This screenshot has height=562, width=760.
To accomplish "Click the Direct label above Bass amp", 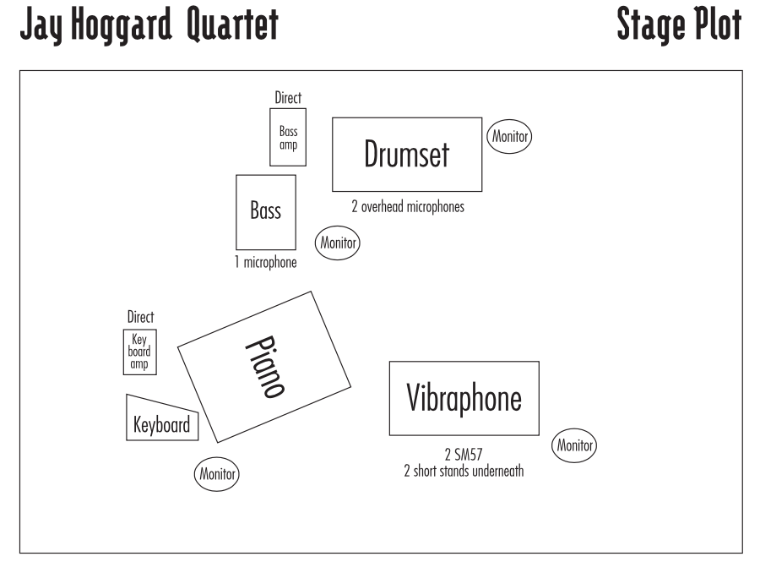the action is pyautogui.click(x=288, y=97).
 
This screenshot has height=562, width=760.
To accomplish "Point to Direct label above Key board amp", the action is pyautogui.click(x=140, y=317).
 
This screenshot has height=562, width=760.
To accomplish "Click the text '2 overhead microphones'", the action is pyautogui.click(x=408, y=206).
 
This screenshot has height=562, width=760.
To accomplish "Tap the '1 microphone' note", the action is pyautogui.click(x=266, y=262).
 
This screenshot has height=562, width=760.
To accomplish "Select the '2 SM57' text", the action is pyautogui.click(x=464, y=455).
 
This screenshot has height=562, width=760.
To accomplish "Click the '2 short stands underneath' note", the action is pyautogui.click(x=464, y=471).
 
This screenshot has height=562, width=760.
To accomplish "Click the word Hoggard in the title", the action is pyautogui.click(x=122, y=25).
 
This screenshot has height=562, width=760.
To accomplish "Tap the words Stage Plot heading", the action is pyautogui.click(x=680, y=25).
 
